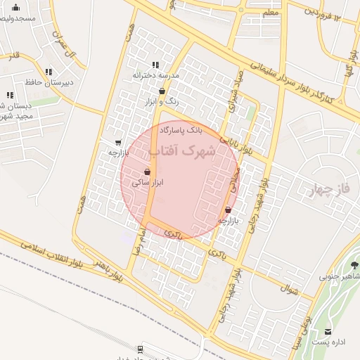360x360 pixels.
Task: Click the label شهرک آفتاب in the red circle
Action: click(181, 151)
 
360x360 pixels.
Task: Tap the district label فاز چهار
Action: click(329, 188)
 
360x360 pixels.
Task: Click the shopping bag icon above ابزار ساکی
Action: click(147, 172)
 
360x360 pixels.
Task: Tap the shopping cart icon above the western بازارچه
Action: click(117, 142)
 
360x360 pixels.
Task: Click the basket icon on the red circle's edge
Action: click(229, 210)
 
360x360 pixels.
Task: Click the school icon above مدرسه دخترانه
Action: click(155, 65)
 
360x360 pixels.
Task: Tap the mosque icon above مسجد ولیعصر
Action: click(15, 8)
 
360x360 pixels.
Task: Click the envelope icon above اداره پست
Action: click(328, 331)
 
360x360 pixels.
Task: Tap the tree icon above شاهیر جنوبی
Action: click(354, 265)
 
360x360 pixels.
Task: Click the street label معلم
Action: click(269, 12)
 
